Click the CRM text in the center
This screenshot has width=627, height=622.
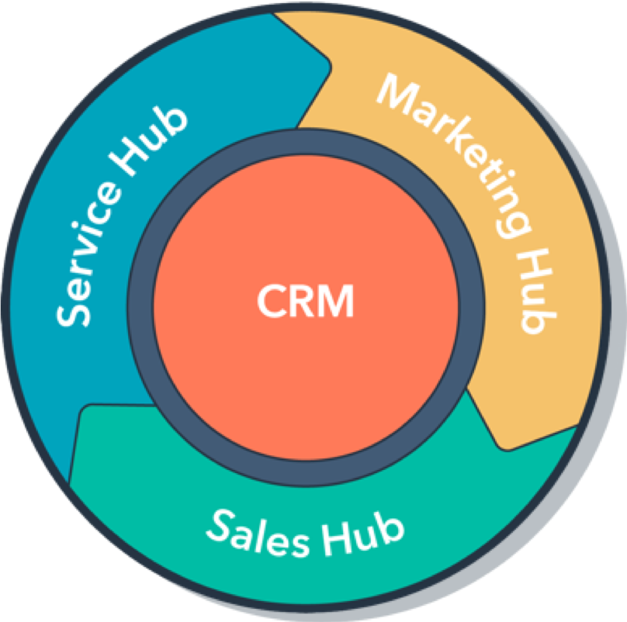click(305, 301)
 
